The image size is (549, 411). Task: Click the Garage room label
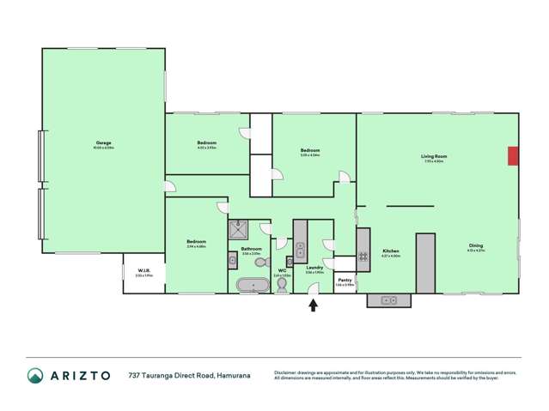tap(103, 143)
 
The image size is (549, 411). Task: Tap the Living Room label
tap(433, 157)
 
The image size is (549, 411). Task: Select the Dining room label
tap(475, 245)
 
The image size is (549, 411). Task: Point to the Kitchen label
tap(391, 251)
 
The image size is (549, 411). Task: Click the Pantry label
tap(345, 281)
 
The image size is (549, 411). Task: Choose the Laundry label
tap(314, 268)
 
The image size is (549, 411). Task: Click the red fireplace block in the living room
tap(512, 155)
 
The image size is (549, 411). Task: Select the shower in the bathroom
tap(238, 228)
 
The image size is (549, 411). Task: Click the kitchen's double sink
tap(387, 300)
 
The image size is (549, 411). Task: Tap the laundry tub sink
tap(300, 251)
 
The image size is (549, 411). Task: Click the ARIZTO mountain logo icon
tap(35, 376)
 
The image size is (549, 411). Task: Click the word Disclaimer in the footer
tap(286, 372)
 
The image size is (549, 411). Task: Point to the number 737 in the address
tap(135, 376)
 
